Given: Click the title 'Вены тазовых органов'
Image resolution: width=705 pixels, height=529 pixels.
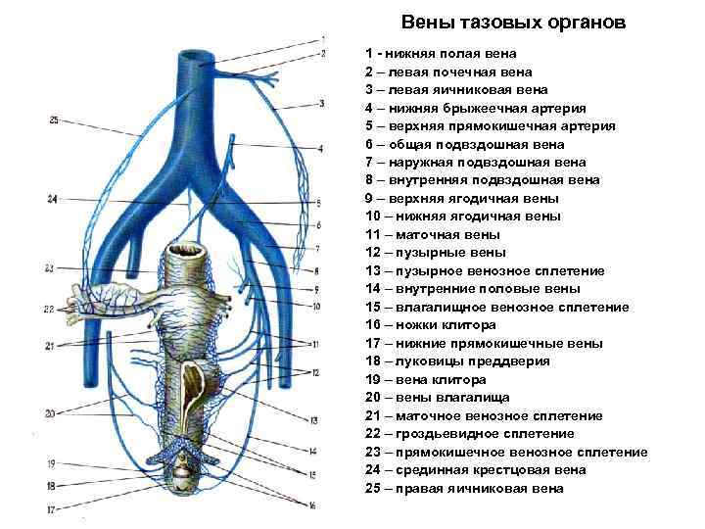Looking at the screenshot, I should click(513, 22).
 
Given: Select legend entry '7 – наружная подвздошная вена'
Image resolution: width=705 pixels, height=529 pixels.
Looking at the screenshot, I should click(475, 162).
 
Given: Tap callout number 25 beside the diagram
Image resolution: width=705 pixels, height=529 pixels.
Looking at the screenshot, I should click(53, 120).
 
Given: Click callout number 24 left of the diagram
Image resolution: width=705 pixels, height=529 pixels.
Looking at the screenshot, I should click(53, 199).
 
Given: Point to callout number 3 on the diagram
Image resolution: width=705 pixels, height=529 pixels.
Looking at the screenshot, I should click(321, 103).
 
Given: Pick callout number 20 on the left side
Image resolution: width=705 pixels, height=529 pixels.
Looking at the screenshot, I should click(49, 412).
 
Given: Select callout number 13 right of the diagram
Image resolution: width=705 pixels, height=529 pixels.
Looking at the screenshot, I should click(314, 420).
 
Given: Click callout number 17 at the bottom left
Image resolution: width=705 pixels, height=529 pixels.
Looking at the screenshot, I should click(51, 508).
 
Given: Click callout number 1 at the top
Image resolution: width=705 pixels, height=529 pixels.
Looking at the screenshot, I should click(322, 38).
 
